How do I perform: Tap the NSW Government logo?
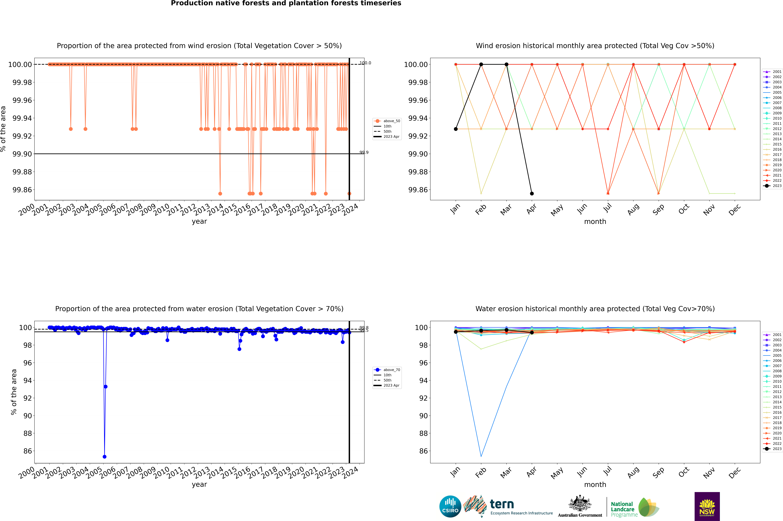pyautogui.click(x=707, y=506)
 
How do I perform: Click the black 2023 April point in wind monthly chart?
pyautogui.click(x=532, y=193)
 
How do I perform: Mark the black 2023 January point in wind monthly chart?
pyautogui.click(x=456, y=129)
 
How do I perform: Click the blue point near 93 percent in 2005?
pyautogui.click(x=106, y=386)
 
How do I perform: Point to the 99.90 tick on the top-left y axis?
pyautogui.click(x=22, y=154)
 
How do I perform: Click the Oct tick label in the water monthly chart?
pyautogui.click(x=684, y=472)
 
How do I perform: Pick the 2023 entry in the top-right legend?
pyautogui.click(x=773, y=186)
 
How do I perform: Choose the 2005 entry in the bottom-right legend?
pyautogui.click(x=773, y=355)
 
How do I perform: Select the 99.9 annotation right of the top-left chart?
pyautogui.click(x=364, y=152)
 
